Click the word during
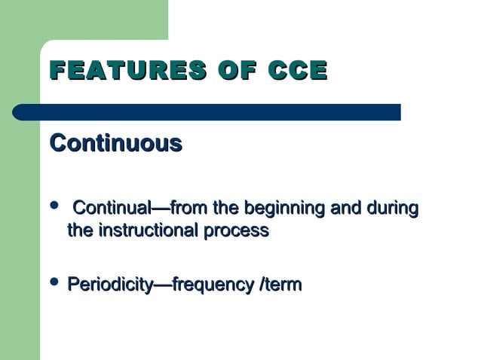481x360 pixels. coord(393,207)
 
